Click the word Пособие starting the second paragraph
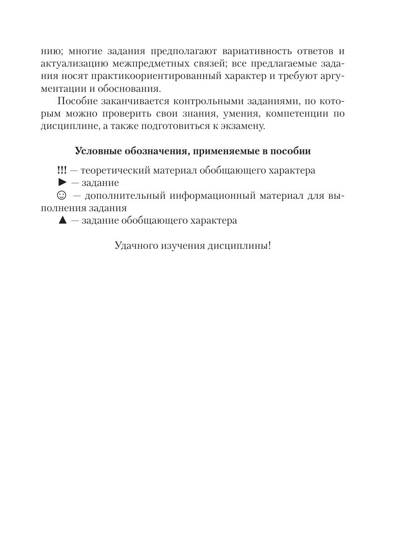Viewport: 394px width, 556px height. (x=76, y=101)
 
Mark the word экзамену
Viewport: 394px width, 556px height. (x=243, y=126)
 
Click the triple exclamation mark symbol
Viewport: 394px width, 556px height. (x=62, y=170)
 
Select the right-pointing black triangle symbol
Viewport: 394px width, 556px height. (x=63, y=183)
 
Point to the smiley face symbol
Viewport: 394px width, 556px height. (x=61, y=196)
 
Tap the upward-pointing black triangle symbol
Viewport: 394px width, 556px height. (x=63, y=220)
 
